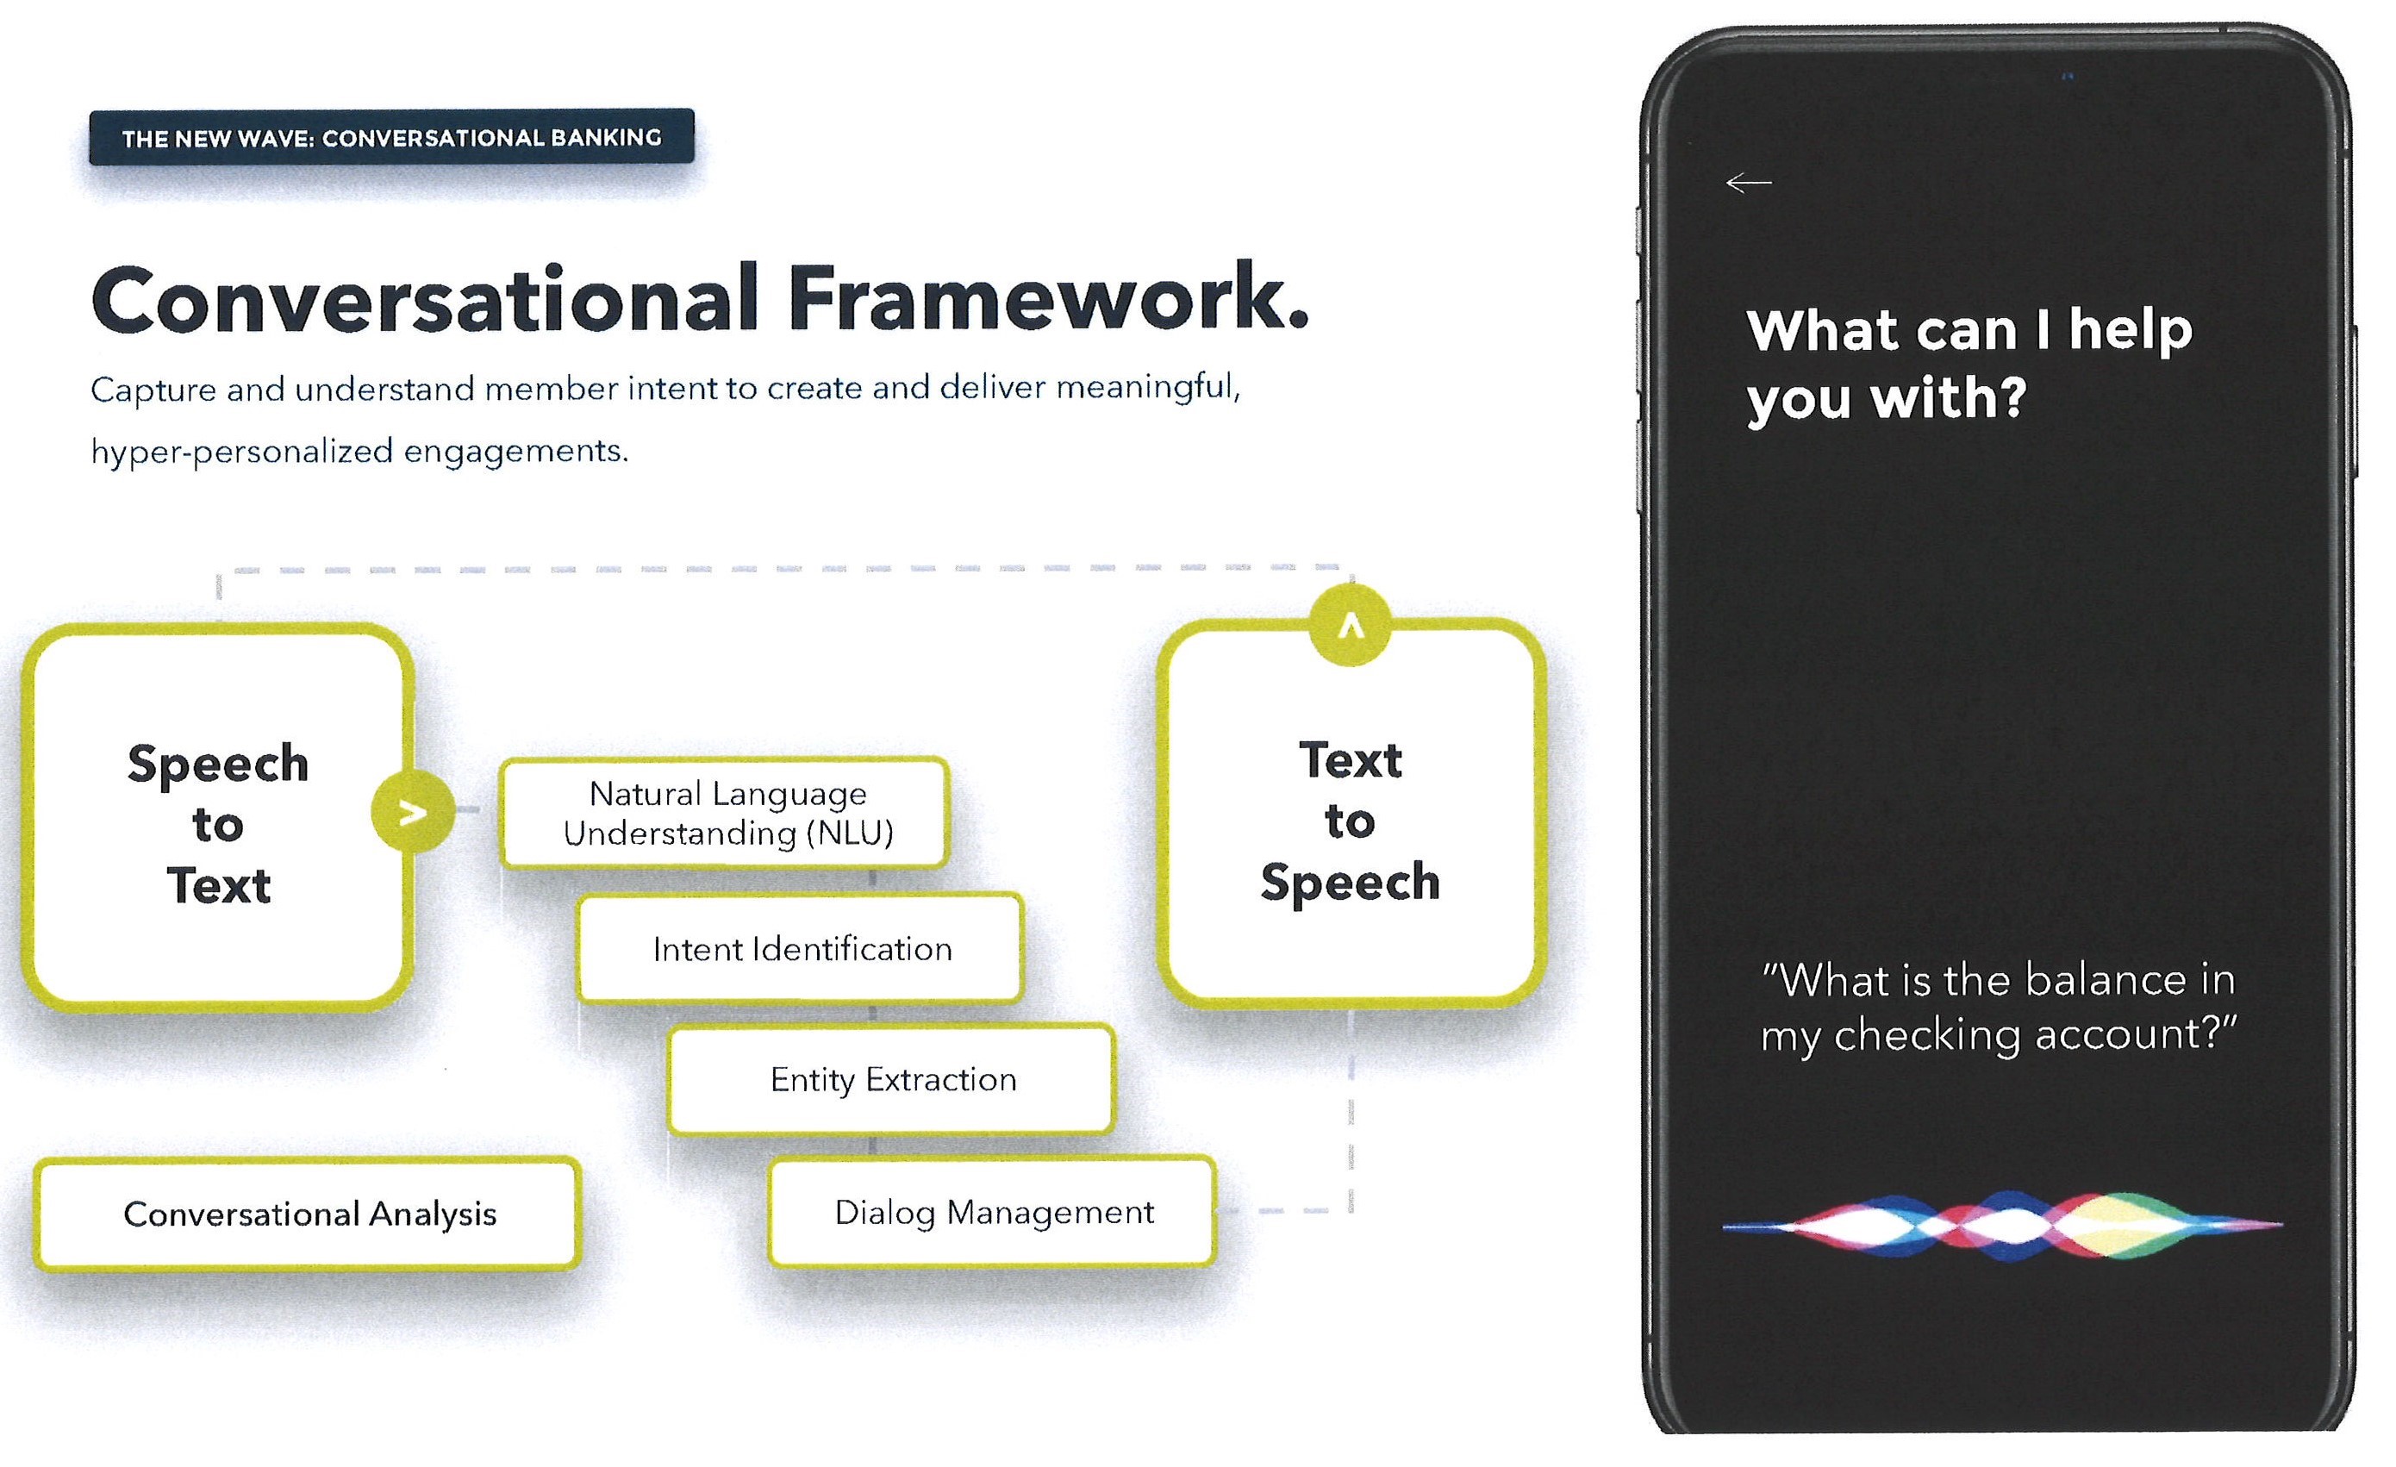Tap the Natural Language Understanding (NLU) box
(727, 813)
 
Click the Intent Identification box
(802, 949)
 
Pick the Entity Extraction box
(892, 1079)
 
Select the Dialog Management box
(993, 1212)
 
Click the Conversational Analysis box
(309, 1214)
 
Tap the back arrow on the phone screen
(1749, 183)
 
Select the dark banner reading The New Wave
(391, 137)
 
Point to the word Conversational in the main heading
(425, 301)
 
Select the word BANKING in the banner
(606, 138)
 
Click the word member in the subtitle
(552, 389)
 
